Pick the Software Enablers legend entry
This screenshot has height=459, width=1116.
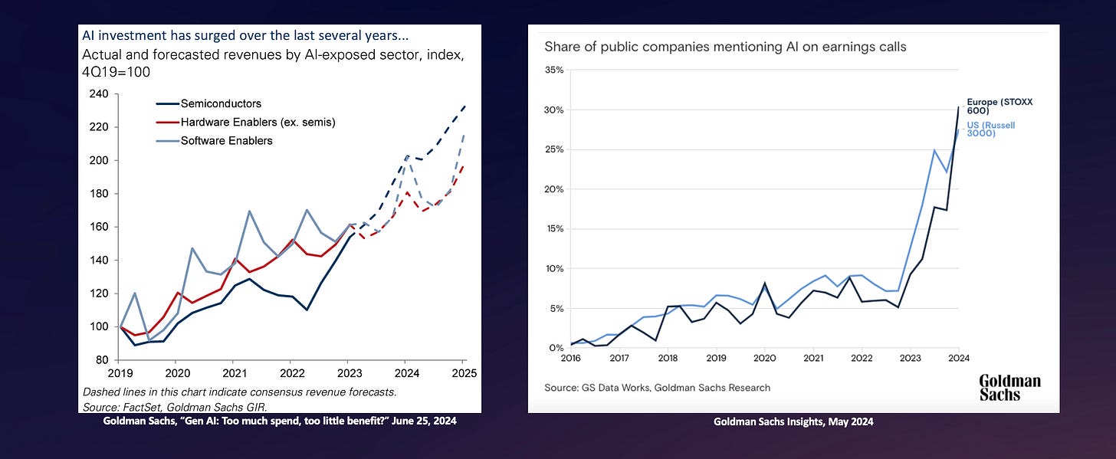(x=226, y=140)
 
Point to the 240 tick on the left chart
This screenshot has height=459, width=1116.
(x=99, y=94)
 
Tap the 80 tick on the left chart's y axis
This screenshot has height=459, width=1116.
(x=102, y=360)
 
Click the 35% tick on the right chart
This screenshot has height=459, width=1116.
(x=554, y=70)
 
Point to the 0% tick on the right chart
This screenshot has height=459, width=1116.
(x=556, y=349)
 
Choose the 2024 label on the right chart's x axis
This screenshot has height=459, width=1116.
(x=958, y=358)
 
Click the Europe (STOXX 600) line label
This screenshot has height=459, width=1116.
(x=994, y=106)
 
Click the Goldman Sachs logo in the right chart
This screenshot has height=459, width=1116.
(x=1009, y=387)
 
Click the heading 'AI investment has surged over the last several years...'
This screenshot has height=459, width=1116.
(x=245, y=36)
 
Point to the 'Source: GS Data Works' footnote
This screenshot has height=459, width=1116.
(x=657, y=388)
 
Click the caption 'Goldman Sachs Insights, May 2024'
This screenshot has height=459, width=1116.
(x=793, y=421)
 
